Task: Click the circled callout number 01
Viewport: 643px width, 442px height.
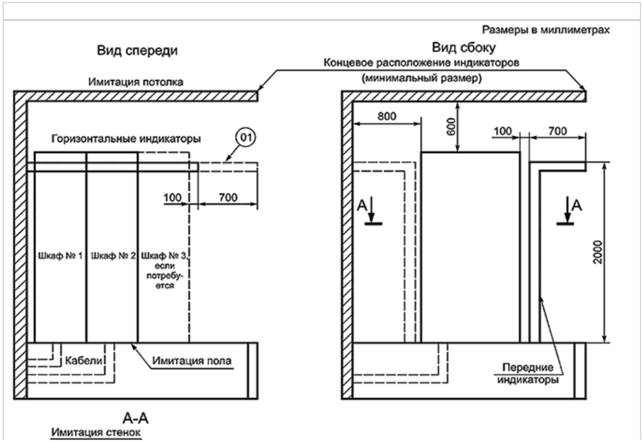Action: tap(245, 137)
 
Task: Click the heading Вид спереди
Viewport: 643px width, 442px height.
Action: tap(137, 50)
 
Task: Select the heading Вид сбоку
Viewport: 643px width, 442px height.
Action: tap(464, 48)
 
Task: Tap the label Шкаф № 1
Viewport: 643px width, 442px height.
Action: tap(60, 256)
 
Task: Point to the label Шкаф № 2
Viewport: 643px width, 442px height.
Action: tap(113, 256)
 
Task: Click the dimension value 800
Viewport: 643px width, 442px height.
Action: tap(386, 117)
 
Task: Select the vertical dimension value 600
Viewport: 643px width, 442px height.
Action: tap(451, 127)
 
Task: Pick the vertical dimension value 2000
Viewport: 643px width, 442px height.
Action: tap(598, 252)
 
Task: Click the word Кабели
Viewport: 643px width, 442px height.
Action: tap(84, 361)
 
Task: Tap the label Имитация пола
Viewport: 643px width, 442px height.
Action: tap(192, 361)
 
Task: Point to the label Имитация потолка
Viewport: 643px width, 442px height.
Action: tap(136, 82)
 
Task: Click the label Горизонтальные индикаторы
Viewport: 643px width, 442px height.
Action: tap(126, 139)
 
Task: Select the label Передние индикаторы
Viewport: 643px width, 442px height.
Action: tap(528, 374)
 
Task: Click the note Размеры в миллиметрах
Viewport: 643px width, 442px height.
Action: tap(545, 30)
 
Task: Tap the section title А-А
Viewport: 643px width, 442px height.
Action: tap(135, 418)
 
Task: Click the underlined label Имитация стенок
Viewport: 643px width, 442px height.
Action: tap(96, 433)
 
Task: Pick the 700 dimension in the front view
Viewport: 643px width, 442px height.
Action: tap(228, 197)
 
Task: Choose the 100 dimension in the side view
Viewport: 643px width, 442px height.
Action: tap(503, 131)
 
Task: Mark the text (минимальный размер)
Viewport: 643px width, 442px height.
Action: tap(421, 78)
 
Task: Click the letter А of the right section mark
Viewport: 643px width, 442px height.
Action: tap(577, 205)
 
